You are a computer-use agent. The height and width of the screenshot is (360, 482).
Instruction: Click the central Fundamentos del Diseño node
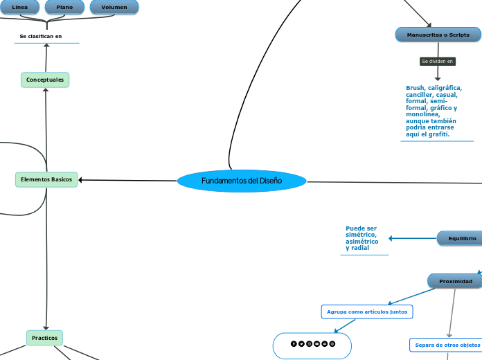pyautogui.click(x=242, y=181)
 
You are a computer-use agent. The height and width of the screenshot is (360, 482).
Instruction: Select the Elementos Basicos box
pyautogui.click(x=46, y=179)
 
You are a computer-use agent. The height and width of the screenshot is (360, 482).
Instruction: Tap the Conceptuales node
pyautogui.click(x=45, y=80)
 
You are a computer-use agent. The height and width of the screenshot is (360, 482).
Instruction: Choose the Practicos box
pyautogui.click(x=45, y=338)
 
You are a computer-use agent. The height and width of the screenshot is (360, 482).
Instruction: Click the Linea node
pyautogui.click(x=20, y=7)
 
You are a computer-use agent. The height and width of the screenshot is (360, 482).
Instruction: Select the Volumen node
pyautogui.click(x=114, y=7)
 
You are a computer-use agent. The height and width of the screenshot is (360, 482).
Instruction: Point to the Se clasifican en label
pyautogui.click(x=41, y=36)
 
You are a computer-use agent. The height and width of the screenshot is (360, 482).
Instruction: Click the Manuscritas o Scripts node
pyautogui.click(x=438, y=35)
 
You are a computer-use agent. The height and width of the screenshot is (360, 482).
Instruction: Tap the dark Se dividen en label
pyautogui.click(x=438, y=61)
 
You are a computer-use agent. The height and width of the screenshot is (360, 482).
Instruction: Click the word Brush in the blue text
pyautogui.click(x=416, y=89)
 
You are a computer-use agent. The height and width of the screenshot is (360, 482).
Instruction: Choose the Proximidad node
pyautogui.click(x=455, y=281)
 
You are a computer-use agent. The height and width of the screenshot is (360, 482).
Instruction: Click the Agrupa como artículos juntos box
pyautogui.click(x=367, y=312)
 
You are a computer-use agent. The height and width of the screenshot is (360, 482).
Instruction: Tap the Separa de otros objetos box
pyautogui.click(x=447, y=345)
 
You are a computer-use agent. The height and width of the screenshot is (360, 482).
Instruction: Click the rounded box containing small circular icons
pyautogui.click(x=312, y=344)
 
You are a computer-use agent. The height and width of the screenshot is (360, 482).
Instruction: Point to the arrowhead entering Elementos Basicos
pyautogui.click(x=82, y=180)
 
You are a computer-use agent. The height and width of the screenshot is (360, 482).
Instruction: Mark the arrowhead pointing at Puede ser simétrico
pyautogui.click(x=392, y=238)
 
